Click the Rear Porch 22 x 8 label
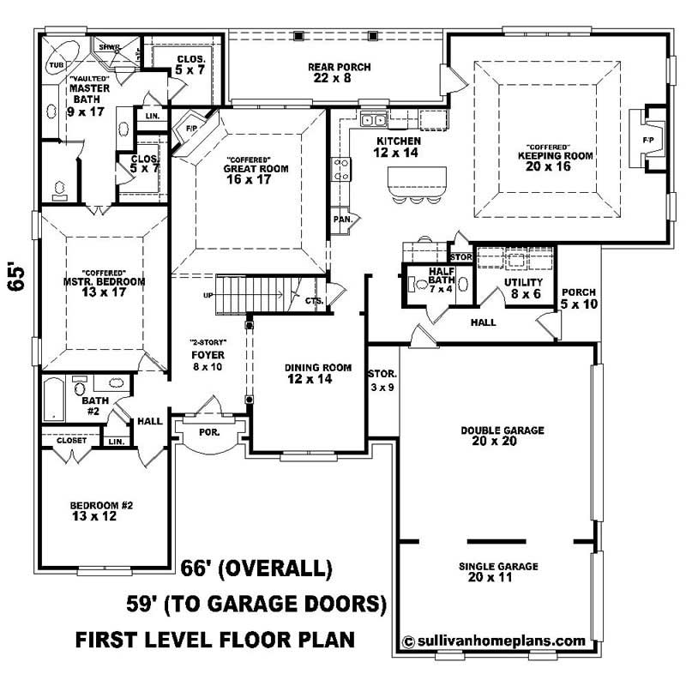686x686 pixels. pos(333,71)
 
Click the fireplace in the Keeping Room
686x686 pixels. pos(645,140)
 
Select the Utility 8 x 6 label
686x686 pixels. pos(523,287)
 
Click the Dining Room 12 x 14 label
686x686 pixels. pos(318,373)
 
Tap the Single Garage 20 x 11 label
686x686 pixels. pos(498,571)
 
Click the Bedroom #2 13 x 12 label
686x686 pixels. pos(101,511)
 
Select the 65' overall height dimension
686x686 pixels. pos(18,277)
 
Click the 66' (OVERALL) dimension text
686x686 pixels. pos(256,568)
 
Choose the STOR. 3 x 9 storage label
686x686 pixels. pos(382,379)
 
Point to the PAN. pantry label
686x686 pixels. pos(341,220)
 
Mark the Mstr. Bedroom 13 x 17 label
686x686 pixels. pos(103,286)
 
